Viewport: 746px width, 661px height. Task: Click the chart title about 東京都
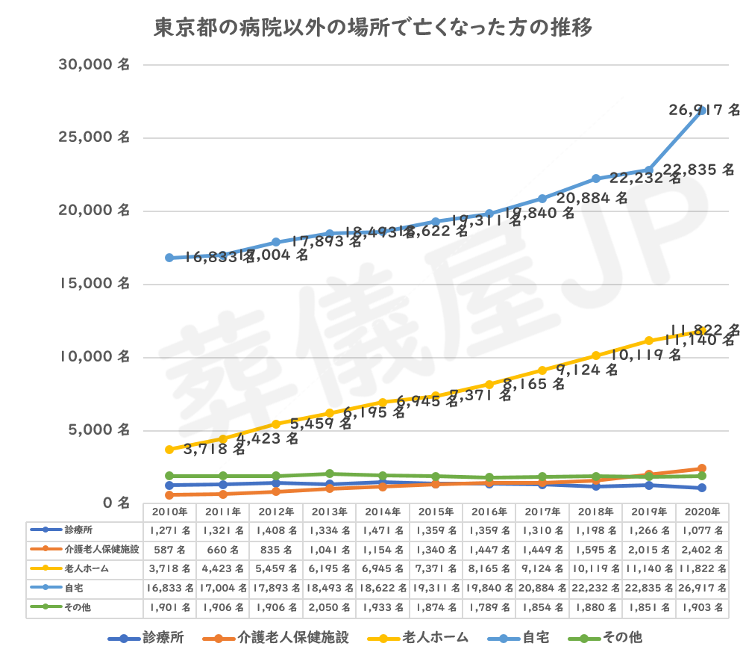(373, 29)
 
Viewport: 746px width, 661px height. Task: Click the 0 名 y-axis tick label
(115, 502)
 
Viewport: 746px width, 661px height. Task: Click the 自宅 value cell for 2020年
(701, 588)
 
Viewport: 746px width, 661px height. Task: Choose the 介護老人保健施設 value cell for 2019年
(648, 550)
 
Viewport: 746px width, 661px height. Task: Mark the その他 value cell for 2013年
(329, 606)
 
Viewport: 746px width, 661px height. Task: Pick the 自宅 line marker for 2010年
(169, 258)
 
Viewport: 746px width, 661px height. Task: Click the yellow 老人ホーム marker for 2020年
(701, 330)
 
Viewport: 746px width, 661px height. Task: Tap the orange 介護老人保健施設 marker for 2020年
(701, 468)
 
